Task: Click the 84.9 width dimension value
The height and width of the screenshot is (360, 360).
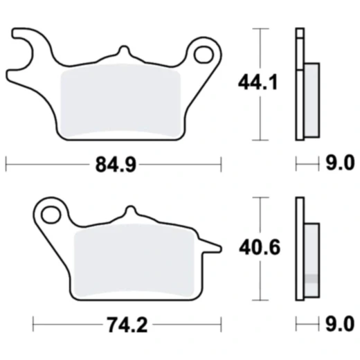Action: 112,164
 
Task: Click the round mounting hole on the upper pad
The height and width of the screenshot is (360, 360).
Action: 204,54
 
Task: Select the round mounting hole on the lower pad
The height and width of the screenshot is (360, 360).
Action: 51,214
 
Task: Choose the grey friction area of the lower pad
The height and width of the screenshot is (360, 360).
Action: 134,260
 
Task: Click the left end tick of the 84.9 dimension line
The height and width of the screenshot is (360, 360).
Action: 6,164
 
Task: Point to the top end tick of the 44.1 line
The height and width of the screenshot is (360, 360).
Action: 259,29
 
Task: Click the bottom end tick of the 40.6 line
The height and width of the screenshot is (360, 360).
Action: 259,300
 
